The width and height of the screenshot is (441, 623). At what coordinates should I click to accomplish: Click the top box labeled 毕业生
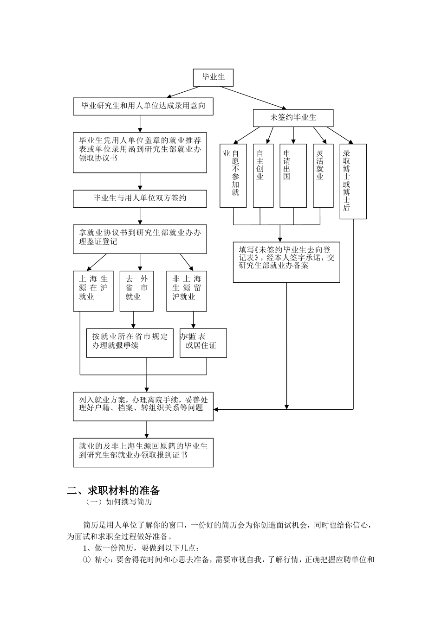tap(213, 77)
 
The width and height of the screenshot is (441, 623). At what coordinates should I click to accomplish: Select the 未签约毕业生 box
tap(293, 118)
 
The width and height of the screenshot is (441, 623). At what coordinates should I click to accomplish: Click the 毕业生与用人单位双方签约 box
tap(140, 198)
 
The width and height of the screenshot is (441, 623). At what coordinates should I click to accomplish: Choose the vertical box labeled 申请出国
tap(293, 176)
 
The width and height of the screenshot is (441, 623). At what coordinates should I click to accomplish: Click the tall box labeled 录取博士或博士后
tap(353, 181)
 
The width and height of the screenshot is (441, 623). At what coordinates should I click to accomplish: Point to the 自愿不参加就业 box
tap(233, 176)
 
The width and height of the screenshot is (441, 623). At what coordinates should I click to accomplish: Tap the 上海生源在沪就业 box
tap(93, 291)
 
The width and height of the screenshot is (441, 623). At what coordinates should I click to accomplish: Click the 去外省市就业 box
tap(136, 291)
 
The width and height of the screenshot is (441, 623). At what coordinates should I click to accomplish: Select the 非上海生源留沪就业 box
tap(187, 291)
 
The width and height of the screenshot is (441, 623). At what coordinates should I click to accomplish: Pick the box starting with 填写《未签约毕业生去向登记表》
tap(286, 262)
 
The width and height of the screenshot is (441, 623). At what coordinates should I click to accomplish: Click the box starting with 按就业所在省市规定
tap(130, 343)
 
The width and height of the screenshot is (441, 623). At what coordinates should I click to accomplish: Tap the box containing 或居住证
tap(203, 343)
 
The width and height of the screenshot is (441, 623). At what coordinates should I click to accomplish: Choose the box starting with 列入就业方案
tap(143, 407)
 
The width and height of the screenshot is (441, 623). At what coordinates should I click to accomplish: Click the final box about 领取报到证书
tap(143, 452)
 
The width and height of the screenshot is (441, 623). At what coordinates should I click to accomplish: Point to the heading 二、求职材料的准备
tap(114, 490)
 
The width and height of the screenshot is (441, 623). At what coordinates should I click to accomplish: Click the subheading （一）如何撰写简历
tap(119, 502)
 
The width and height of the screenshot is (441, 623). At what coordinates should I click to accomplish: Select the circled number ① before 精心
tap(86, 559)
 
